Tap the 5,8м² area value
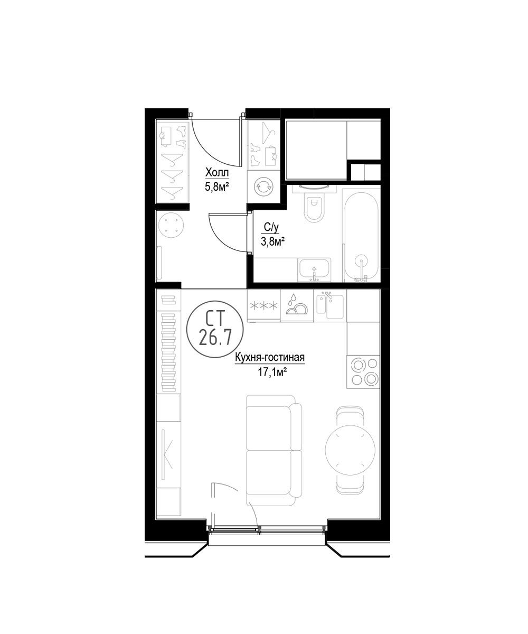(x=216, y=186)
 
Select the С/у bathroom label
(x=271, y=227)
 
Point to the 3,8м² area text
(x=272, y=241)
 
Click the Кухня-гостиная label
(x=270, y=358)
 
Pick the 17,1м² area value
(x=272, y=372)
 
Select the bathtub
(x=361, y=237)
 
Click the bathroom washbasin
(x=314, y=270)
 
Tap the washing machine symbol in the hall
(x=263, y=187)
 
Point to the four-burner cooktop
(x=363, y=371)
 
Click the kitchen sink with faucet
(x=330, y=306)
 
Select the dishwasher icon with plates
(x=296, y=305)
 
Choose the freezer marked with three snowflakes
(x=263, y=305)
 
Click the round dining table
(x=350, y=450)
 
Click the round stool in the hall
(x=172, y=225)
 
